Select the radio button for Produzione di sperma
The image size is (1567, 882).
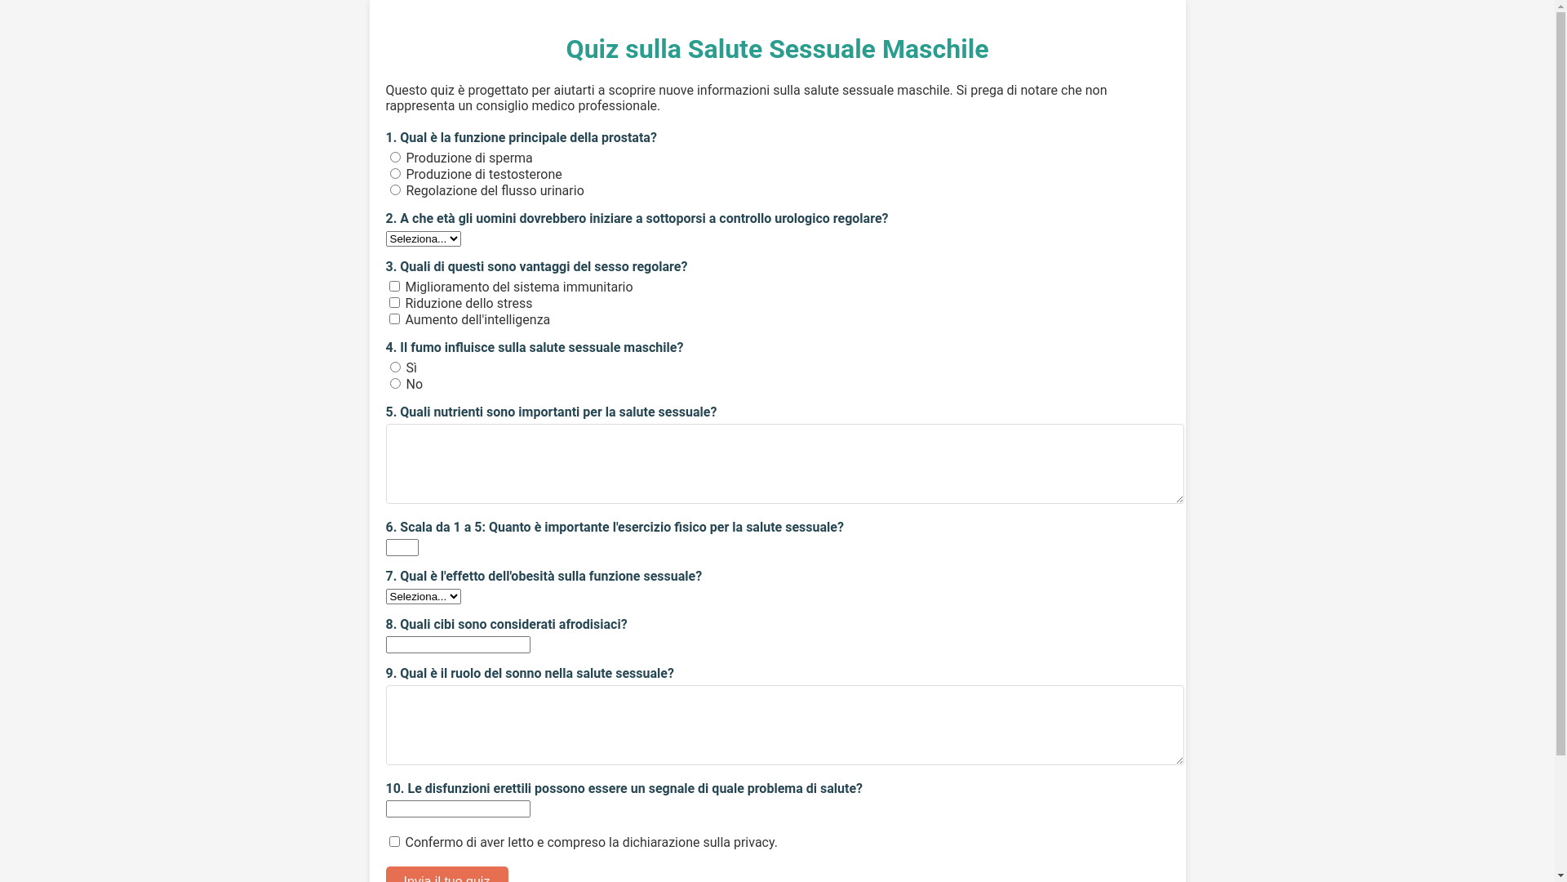tap(395, 158)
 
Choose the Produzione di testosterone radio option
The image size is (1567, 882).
tap(395, 174)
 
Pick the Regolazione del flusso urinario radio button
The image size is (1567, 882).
tap(395, 190)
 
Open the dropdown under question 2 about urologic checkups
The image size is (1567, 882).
tap(423, 238)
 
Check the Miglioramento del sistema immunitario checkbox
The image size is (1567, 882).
tap(394, 287)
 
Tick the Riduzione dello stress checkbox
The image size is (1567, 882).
tap(394, 303)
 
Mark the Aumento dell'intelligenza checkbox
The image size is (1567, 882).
tap(394, 319)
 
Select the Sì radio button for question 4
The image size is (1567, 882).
tap(395, 367)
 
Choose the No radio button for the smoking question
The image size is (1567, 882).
tap(395, 384)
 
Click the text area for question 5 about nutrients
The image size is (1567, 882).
tap(783, 463)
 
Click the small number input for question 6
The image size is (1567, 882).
tap(402, 547)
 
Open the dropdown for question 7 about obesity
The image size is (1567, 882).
tap(423, 596)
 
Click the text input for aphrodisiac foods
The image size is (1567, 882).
tap(457, 644)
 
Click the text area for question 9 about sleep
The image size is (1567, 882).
tap(783, 724)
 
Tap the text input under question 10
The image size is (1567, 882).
tap(457, 808)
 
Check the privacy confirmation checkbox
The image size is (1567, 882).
tap(394, 841)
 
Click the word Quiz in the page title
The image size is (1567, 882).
tap(592, 49)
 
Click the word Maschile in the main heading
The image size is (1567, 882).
tap(934, 49)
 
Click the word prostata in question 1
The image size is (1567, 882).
tap(625, 137)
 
